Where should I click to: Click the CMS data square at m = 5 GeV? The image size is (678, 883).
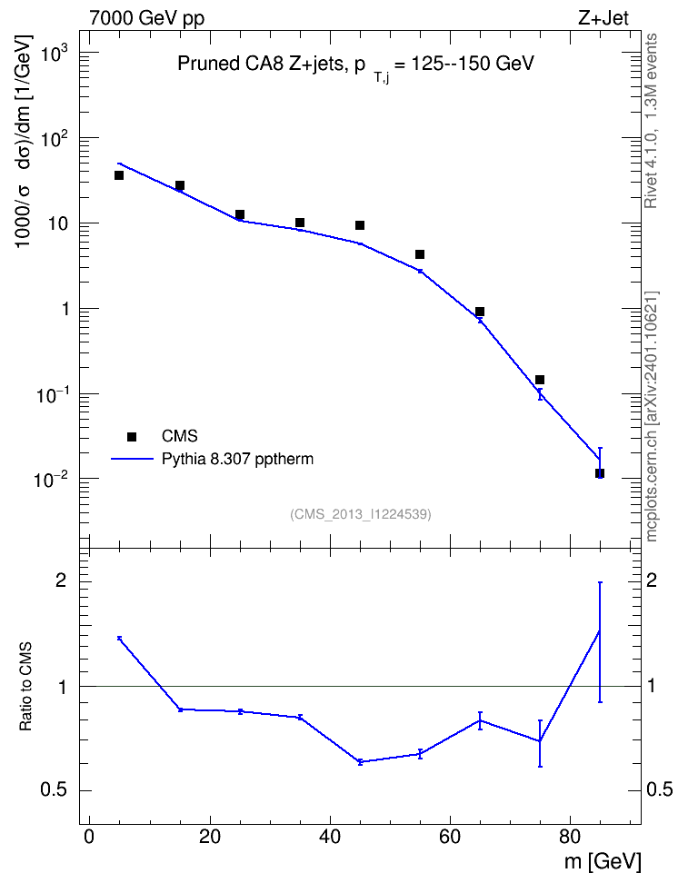click(119, 175)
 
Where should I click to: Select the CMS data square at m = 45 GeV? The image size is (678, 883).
click(360, 225)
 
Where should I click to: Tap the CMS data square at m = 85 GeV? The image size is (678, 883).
click(600, 473)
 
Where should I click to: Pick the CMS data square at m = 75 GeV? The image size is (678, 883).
click(539, 380)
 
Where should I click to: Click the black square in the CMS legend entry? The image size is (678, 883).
click(132, 436)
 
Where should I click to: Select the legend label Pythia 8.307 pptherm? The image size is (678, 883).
click(237, 459)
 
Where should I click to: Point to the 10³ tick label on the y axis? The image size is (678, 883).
click(51, 55)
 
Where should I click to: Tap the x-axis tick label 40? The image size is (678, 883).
click(330, 837)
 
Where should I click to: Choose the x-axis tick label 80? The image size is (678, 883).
click(570, 837)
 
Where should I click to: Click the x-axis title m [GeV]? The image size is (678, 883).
click(603, 861)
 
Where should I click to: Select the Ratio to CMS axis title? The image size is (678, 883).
click(25, 687)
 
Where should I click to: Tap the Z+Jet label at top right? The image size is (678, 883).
click(603, 18)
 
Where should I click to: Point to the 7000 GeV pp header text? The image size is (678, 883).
click(146, 18)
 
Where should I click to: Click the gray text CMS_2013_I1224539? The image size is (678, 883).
click(361, 514)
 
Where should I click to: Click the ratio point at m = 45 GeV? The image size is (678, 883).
click(360, 762)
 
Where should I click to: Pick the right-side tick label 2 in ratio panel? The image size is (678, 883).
click(652, 580)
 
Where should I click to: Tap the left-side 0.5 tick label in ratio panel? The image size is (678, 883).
click(54, 790)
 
